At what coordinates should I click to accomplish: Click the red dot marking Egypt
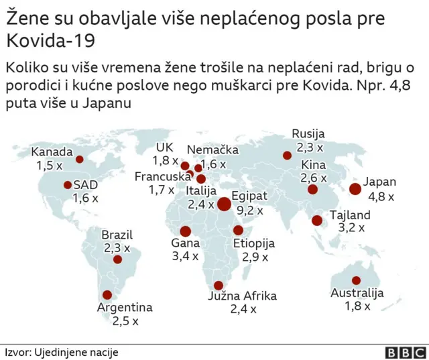(x=224, y=204)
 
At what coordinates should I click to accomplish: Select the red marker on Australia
(x=356, y=280)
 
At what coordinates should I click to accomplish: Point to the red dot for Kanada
(x=79, y=160)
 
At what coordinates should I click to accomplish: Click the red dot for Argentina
(x=107, y=294)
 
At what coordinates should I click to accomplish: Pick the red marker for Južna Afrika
(x=218, y=285)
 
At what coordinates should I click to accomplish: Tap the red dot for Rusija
(x=287, y=156)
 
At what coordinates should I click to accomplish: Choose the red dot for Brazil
(x=118, y=259)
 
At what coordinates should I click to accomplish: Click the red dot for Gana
(x=185, y=231)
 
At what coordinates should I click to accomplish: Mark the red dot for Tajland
(x=316, y=220)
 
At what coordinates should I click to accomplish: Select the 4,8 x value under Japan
(x=380, y=196)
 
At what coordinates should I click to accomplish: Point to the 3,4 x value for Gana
(x=185, y=256)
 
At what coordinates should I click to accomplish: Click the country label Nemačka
(x=212, y=149)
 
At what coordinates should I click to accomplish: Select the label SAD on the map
(x=85, y=184)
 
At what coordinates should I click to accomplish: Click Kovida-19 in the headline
(x=50, y=40)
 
